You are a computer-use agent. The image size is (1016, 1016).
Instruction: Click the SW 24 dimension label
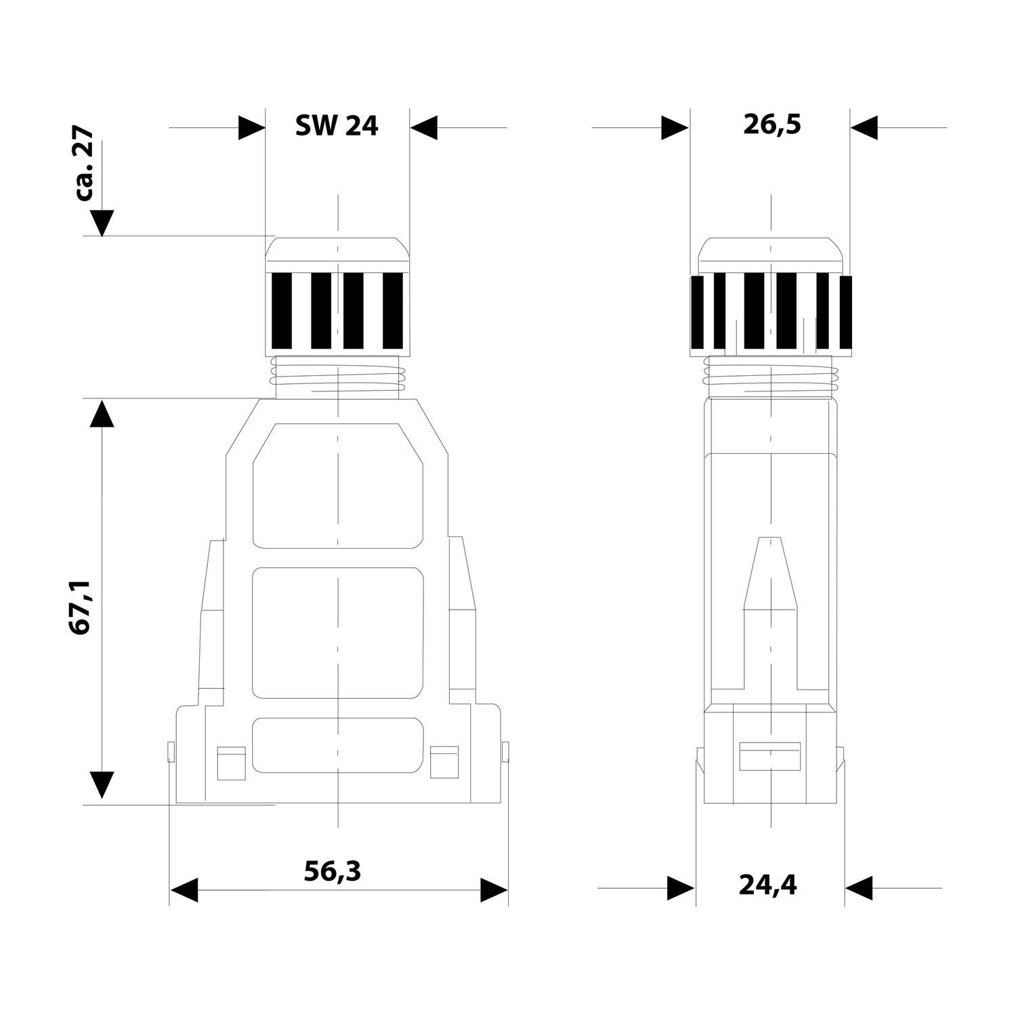click(337, 126)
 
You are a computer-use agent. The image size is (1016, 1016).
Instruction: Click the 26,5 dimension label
click(772, 125)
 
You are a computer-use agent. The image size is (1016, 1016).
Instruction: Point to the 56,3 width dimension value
click(332, 871)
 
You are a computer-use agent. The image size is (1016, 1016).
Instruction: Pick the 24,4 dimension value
click(767, 885)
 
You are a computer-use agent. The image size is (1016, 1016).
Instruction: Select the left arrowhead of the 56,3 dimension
click(184, 890)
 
